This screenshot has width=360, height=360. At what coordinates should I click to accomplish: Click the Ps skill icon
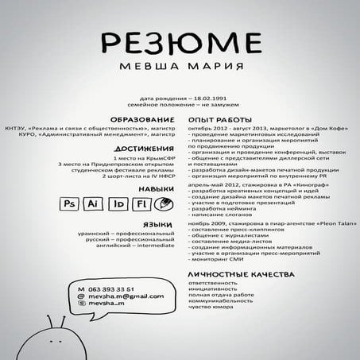69,204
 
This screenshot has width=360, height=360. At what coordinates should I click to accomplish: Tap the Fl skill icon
140,204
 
